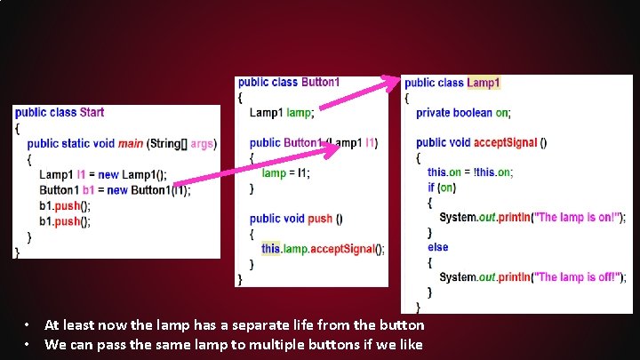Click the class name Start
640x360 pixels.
pos(92,112)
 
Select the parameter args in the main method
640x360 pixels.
pos(202,143)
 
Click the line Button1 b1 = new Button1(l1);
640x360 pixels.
pos(114,189)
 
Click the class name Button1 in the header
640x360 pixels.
pos(320,82)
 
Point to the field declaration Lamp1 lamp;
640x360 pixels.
pos(281,113)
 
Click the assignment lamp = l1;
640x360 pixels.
pos(287,173)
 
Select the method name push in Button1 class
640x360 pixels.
pos(320,219)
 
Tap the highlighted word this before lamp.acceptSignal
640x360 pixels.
pos(270,249)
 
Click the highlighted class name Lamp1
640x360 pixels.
pos(484,83)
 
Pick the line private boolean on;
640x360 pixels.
pos(463,113)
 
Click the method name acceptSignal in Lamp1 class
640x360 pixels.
pos(505,142)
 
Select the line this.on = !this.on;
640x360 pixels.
pos(470,172)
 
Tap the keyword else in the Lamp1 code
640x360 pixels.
pos(437,247)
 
